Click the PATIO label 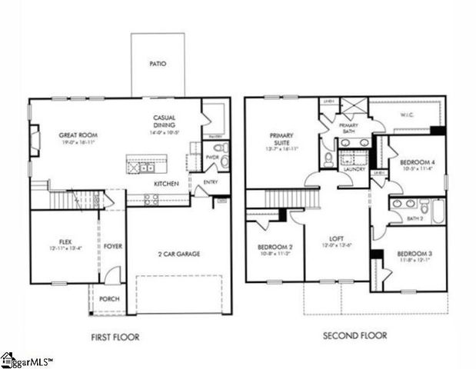[157, 64]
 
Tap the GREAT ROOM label [78, 135]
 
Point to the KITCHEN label [167, 184]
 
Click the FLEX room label [65, 241]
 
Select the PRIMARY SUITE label [281, 139]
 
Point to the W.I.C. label [408, 116]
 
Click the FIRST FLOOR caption [116, 335]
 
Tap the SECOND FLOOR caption [355, 335]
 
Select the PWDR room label [213, 158]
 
